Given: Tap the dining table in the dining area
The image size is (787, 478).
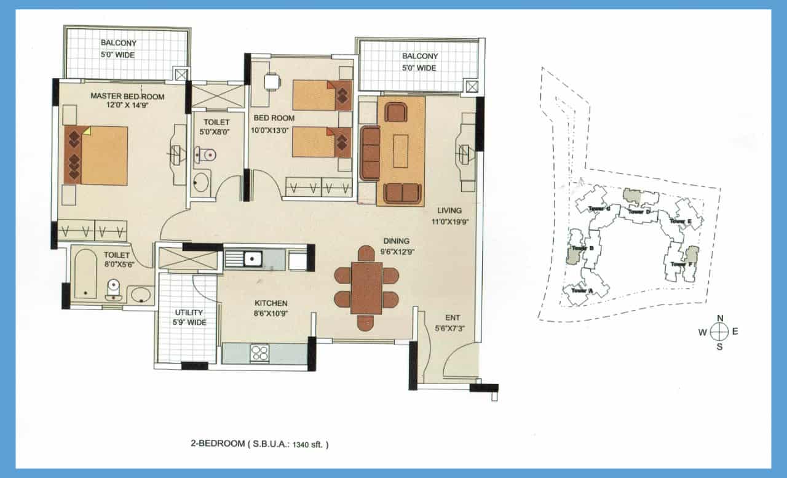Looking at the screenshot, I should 366,288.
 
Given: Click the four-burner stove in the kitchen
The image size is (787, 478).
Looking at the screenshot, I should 259,353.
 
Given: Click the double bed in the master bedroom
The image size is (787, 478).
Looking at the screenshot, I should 96,156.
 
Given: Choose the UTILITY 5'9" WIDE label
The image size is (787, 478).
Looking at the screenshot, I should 189,317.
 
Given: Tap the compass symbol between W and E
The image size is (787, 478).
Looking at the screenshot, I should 719,332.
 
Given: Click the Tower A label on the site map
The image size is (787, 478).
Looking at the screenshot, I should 581,290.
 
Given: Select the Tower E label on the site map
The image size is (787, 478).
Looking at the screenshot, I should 681,221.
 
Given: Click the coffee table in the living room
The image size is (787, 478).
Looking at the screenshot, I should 400,151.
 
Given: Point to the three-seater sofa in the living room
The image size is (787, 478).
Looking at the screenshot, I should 370,153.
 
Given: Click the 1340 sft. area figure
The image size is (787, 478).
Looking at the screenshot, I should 307,443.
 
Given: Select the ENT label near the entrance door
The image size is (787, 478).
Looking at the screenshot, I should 453,317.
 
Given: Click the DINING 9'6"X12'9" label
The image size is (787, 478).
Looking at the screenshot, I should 396,246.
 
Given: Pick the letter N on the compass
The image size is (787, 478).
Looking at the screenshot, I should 720,318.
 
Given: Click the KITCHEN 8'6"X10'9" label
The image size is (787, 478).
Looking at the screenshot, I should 272,308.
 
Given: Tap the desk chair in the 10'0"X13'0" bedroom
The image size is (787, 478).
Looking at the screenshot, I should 272,81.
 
